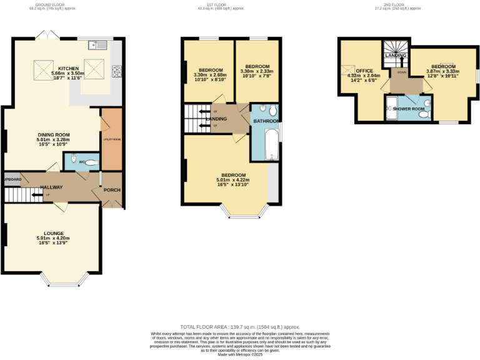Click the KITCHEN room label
tap(69, 68)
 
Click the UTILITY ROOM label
tap(111, 139)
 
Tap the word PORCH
tap(112, 190)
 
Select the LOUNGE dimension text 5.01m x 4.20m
tap(53, 238)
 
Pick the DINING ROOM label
tap(52, 134)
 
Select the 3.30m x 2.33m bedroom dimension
tap(257, 72)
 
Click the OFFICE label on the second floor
tap(364, 71)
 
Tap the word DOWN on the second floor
tap(401, 71)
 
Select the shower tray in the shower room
tap(392, 109)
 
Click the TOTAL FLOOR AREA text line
tap(240, 327)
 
